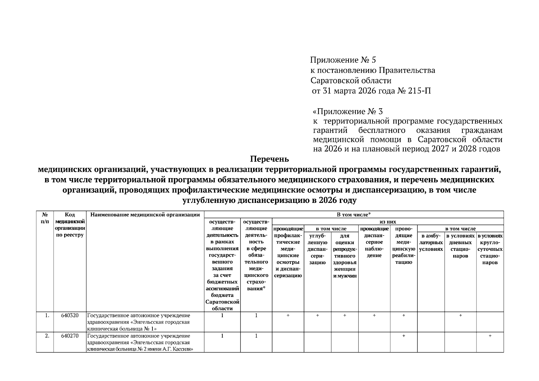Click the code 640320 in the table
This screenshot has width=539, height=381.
point(70,315)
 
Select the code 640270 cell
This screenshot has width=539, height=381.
point(70,336)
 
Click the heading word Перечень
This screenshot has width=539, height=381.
point(269,158)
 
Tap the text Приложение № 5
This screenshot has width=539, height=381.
point(343,60)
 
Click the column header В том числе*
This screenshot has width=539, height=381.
point(354,215)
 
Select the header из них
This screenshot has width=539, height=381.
point(388,222)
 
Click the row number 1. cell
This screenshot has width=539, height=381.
point(47,315)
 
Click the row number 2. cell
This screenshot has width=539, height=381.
point(47,336)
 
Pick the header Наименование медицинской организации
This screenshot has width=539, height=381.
point(145,215)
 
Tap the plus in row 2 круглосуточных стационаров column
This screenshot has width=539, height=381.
point(490,336)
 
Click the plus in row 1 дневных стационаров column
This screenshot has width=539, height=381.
point(460,315)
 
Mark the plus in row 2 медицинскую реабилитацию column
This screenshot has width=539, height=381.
point(403,336)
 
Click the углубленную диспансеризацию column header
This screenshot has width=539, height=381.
point(317,249)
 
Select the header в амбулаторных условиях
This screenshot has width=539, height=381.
point(431,242)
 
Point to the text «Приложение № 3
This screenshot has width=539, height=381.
point(348,111)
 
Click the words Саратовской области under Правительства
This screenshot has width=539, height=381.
point(351,81)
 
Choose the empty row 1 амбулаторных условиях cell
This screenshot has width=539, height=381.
point(431,322)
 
